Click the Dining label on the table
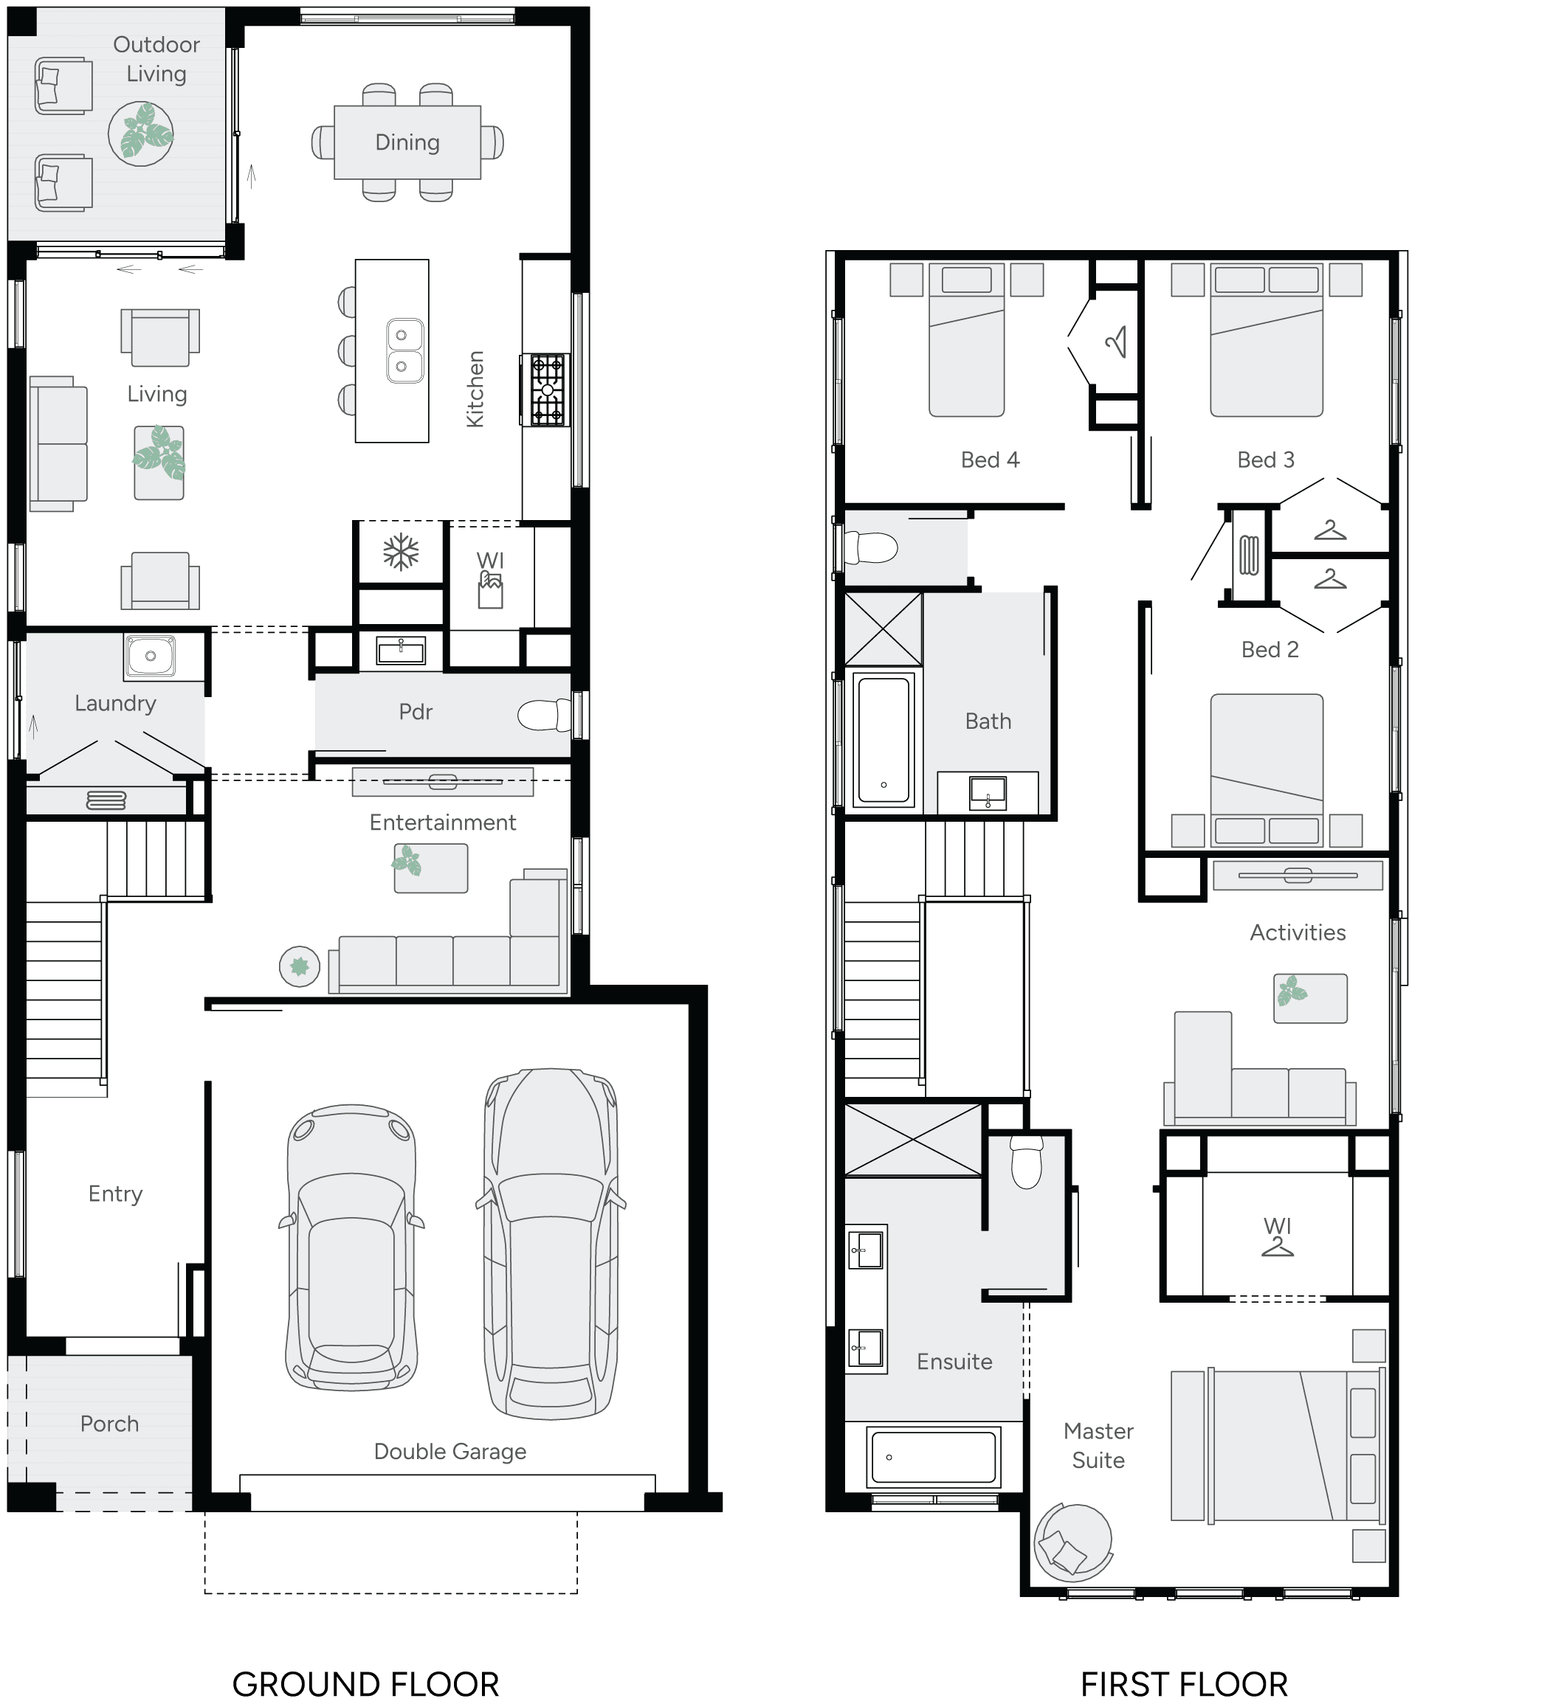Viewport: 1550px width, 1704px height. pos(407,142)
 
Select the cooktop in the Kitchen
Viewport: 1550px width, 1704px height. pos(546,389)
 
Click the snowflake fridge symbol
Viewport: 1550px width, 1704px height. pos(401,553)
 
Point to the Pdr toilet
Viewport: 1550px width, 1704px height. pos(544,715)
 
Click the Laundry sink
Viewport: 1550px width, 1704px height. pos(151,656)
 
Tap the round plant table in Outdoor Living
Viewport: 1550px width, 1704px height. pos(141,134)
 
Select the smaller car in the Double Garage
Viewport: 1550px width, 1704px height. pos(352,1247)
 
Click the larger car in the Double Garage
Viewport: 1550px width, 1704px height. pos(551,1242)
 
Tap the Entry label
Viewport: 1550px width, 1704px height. pos(115,1194)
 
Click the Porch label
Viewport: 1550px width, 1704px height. pos(109,1424)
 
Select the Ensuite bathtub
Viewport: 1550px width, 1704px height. pos(934,1456)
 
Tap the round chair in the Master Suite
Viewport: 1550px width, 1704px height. pos(1072,1542)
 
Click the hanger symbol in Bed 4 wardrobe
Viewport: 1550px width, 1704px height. pos(1116,342)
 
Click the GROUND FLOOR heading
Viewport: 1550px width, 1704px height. pos(365,1683)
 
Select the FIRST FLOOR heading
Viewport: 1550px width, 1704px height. pos(1184,1683)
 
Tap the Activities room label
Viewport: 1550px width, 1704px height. pos(1297,932)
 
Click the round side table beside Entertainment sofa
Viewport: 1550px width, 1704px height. pos(300,966)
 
